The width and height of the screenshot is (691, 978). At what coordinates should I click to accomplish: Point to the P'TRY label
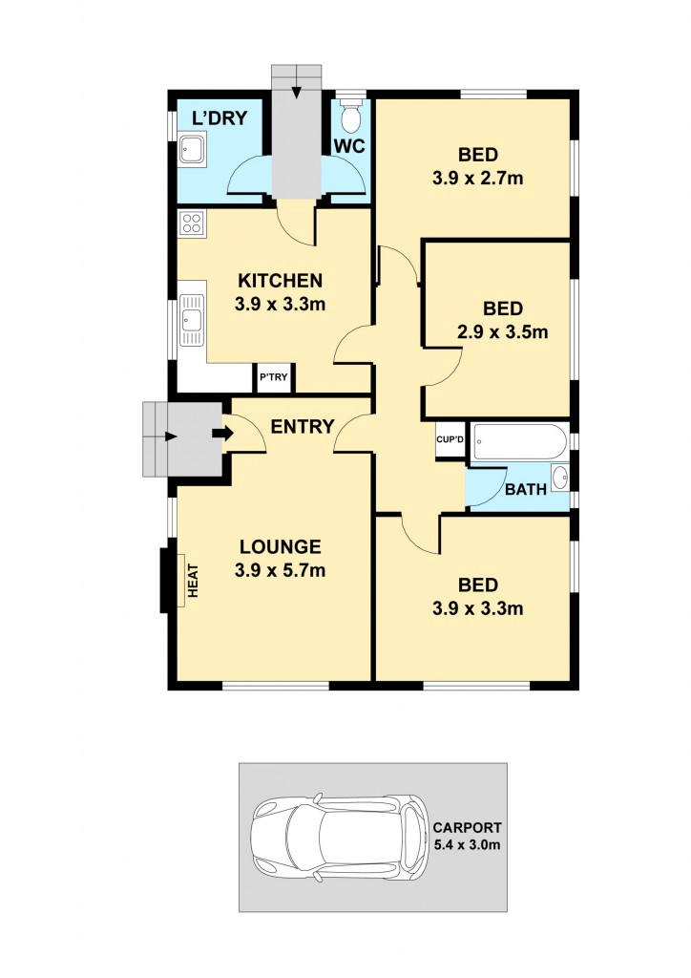(x=273, y=379)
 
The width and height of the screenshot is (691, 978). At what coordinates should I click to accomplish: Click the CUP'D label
(x=450, y=440)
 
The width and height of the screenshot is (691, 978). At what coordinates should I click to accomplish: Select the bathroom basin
(x=560, y=478)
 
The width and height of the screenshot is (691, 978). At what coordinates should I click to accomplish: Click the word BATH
(x=525, y=490)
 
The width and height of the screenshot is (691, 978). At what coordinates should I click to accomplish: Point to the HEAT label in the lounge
(x=192, y=580)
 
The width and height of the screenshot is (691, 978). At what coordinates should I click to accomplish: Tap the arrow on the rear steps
(x=297, y=91)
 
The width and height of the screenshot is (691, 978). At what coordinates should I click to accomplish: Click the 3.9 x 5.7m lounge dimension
(x=280, y=571)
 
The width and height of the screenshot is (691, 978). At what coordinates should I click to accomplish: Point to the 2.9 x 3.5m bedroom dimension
(x=502, y=332)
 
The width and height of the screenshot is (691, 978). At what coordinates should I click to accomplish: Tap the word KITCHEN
(x=280, y=281)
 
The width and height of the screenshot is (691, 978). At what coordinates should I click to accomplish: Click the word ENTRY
(x=302, y=426)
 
